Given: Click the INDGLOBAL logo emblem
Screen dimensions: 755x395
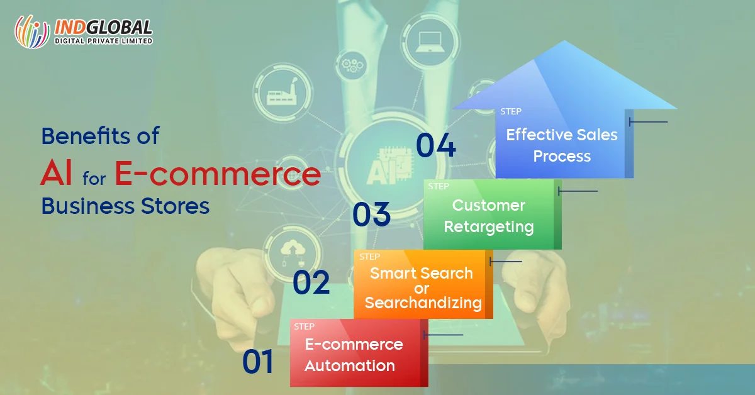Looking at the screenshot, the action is click(x=32, y=31).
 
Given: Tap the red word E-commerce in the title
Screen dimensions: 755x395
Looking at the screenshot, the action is click(x=218, y=173).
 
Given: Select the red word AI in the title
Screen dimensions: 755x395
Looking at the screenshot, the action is click(x=56, y=172).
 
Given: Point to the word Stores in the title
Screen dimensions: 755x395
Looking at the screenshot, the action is click(x=175, y=206).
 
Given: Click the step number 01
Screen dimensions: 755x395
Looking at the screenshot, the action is click(x=258, y=361).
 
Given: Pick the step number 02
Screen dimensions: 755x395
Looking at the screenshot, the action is click(x=311, y=282).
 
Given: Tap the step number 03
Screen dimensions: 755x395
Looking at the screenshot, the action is click(x=371, y=214).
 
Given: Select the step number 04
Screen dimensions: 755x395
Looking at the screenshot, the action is click(x=436, y=145).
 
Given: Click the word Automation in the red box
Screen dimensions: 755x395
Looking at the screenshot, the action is click(x=350, y=365).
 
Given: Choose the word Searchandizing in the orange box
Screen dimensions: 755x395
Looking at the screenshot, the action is click(x=423, y=303).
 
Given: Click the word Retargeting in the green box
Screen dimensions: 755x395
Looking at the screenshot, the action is click(x=489, y=227).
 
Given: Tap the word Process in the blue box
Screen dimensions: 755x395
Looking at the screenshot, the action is click(x=562, y=157).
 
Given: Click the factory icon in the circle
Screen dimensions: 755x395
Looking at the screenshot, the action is click(x=282, y=92).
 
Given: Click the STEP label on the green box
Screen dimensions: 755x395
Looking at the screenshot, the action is click(x=439, y=186).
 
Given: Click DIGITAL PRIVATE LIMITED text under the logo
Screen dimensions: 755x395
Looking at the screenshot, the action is click(x=103, y=41).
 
